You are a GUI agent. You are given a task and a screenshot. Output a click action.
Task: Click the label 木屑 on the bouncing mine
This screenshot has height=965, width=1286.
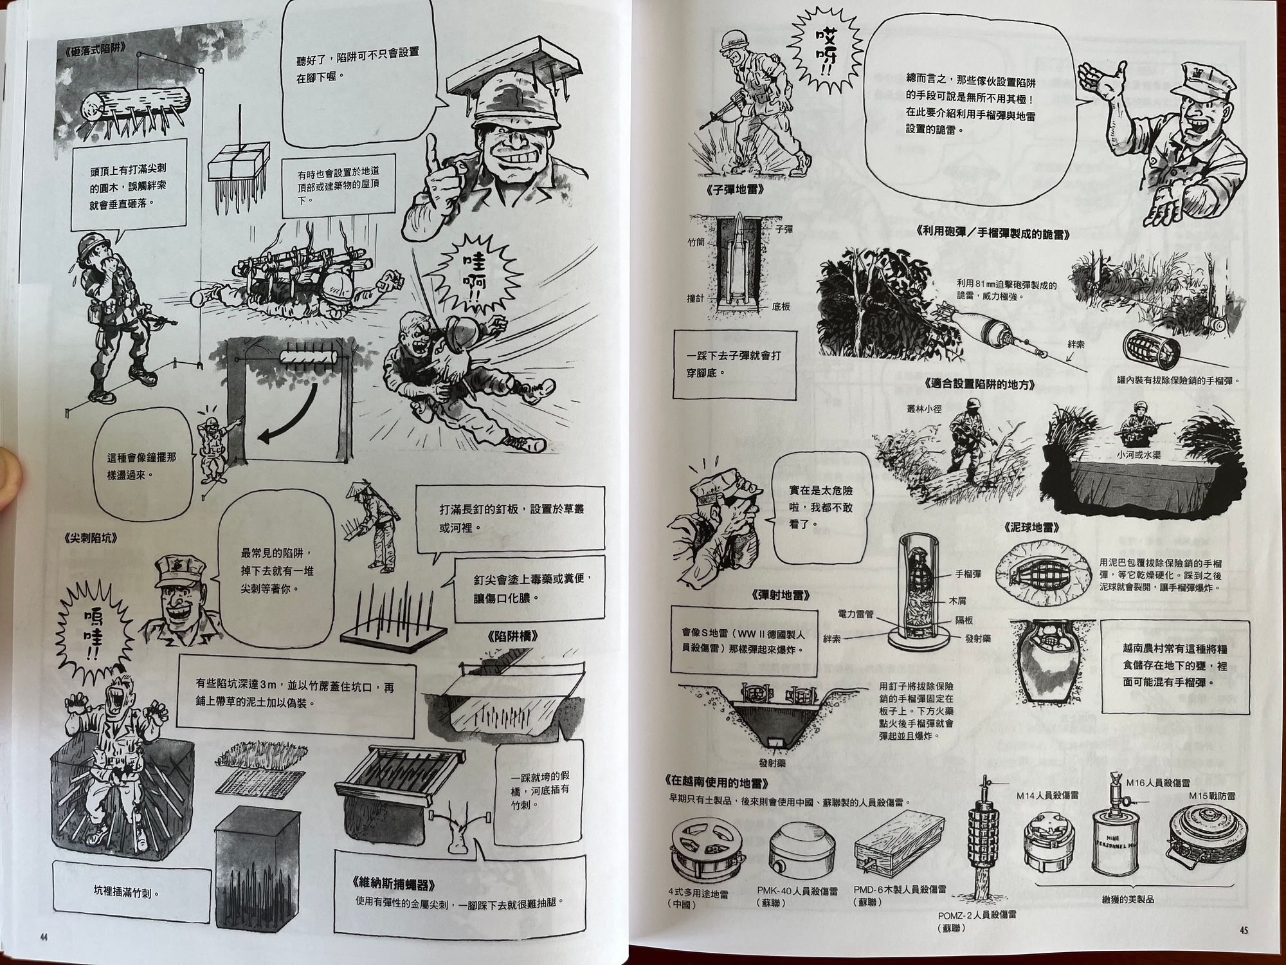959,601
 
